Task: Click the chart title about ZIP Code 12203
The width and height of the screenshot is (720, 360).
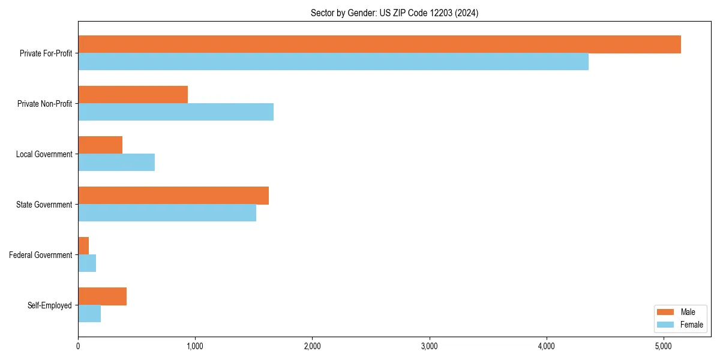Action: pyautogui.click(x=394, y=13)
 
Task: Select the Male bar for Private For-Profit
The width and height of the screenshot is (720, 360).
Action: pyautogui.click(x=379, y=44)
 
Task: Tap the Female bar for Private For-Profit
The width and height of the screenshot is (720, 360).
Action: pyautogui.click(x=333, y=62)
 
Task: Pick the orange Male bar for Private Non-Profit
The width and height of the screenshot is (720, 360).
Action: pyautogui.click(x=133, y=95)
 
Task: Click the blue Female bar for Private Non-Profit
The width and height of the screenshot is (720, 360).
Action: pyautogui.click(x=176, y=112)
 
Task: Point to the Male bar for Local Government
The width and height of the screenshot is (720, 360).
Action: pyautogui.click(x=100, y=145)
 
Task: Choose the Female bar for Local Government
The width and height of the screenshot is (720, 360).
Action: pyautogui.click(x=116, y=163)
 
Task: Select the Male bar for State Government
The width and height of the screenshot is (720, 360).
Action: pyautogui.click(x=173, y=196)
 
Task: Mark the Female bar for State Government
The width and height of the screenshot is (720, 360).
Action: pyautogui.click(x=167, y=213)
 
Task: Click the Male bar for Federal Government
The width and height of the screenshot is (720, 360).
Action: pyautogui.click(x=83, y=246)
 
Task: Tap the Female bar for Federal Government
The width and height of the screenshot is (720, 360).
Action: pyautogui.click(x=87, y=263)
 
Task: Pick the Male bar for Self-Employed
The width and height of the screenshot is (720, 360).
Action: pyautogui.click(x=102, y=296)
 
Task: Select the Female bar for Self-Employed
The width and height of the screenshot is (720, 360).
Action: pyautogui.click(x=89, y=314)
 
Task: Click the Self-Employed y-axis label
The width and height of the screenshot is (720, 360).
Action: pyautogui.click(x=50, y=305)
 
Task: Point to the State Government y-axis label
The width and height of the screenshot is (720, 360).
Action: pyautogui.click(x=44, y=205)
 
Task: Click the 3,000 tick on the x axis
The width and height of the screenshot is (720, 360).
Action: pyautogui.click(x=429, y=346)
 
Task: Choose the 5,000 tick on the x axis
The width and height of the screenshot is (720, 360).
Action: pyautogui.click(x=663, y=346)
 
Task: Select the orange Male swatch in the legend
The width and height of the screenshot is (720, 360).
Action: pyautogui.click(x=666, y=312)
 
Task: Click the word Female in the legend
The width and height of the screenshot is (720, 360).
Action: pyautogui.click(x=691, y=325)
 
